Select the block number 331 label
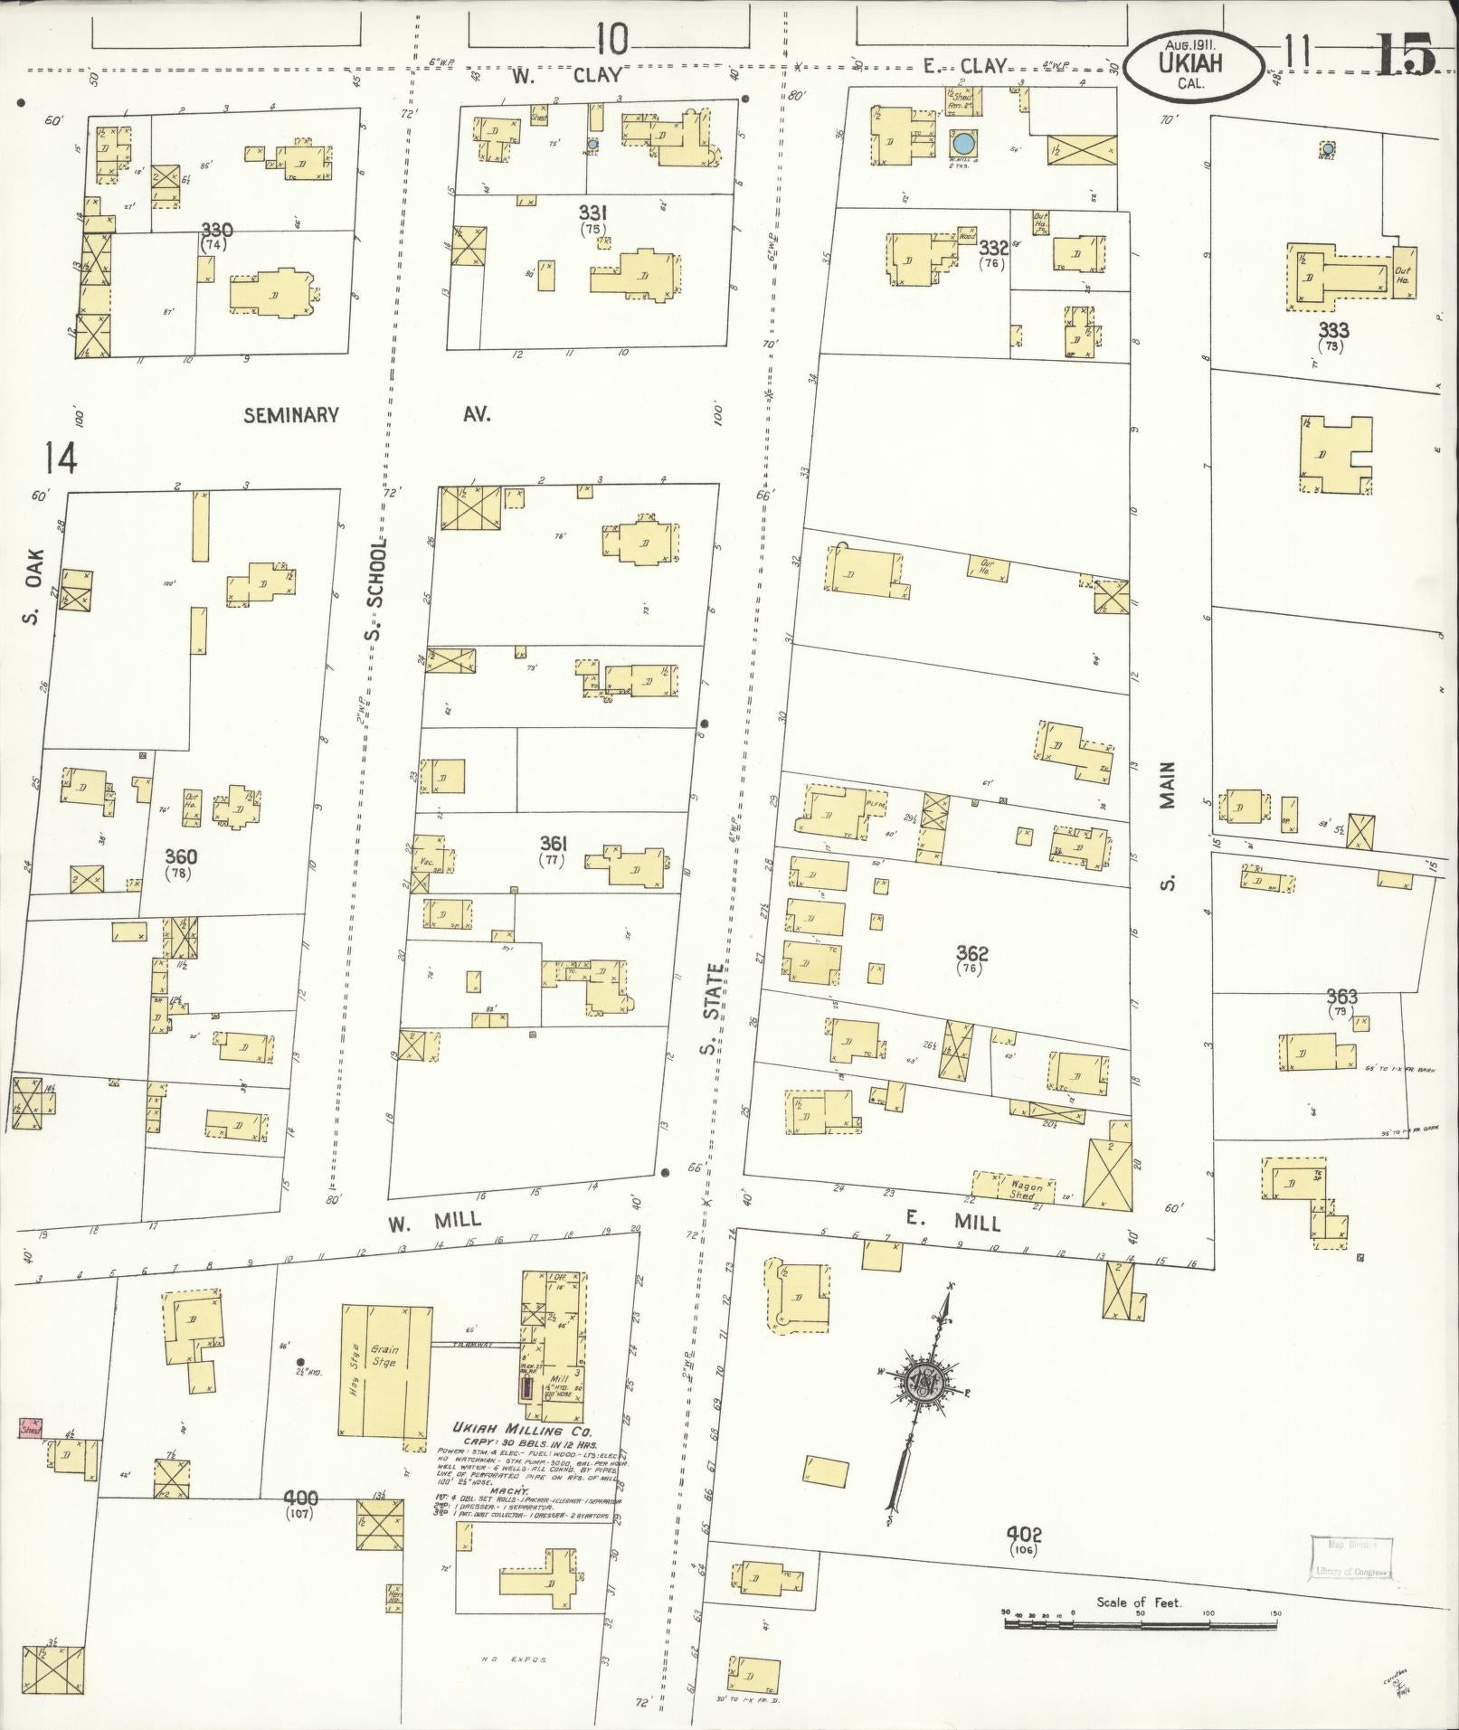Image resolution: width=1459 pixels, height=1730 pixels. [x=592, y=213]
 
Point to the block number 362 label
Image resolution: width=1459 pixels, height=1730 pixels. [x=971, y=953]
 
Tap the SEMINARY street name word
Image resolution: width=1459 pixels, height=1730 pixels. [x=290, y=415]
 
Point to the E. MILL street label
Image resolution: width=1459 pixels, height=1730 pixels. [x=953, y=1224]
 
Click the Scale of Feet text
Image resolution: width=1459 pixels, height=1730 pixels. [x=1139, y=1602]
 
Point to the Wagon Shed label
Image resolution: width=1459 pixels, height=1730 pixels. [x=1026, y=1191]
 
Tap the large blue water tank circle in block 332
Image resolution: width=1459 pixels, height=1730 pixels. [x=964, y=143]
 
